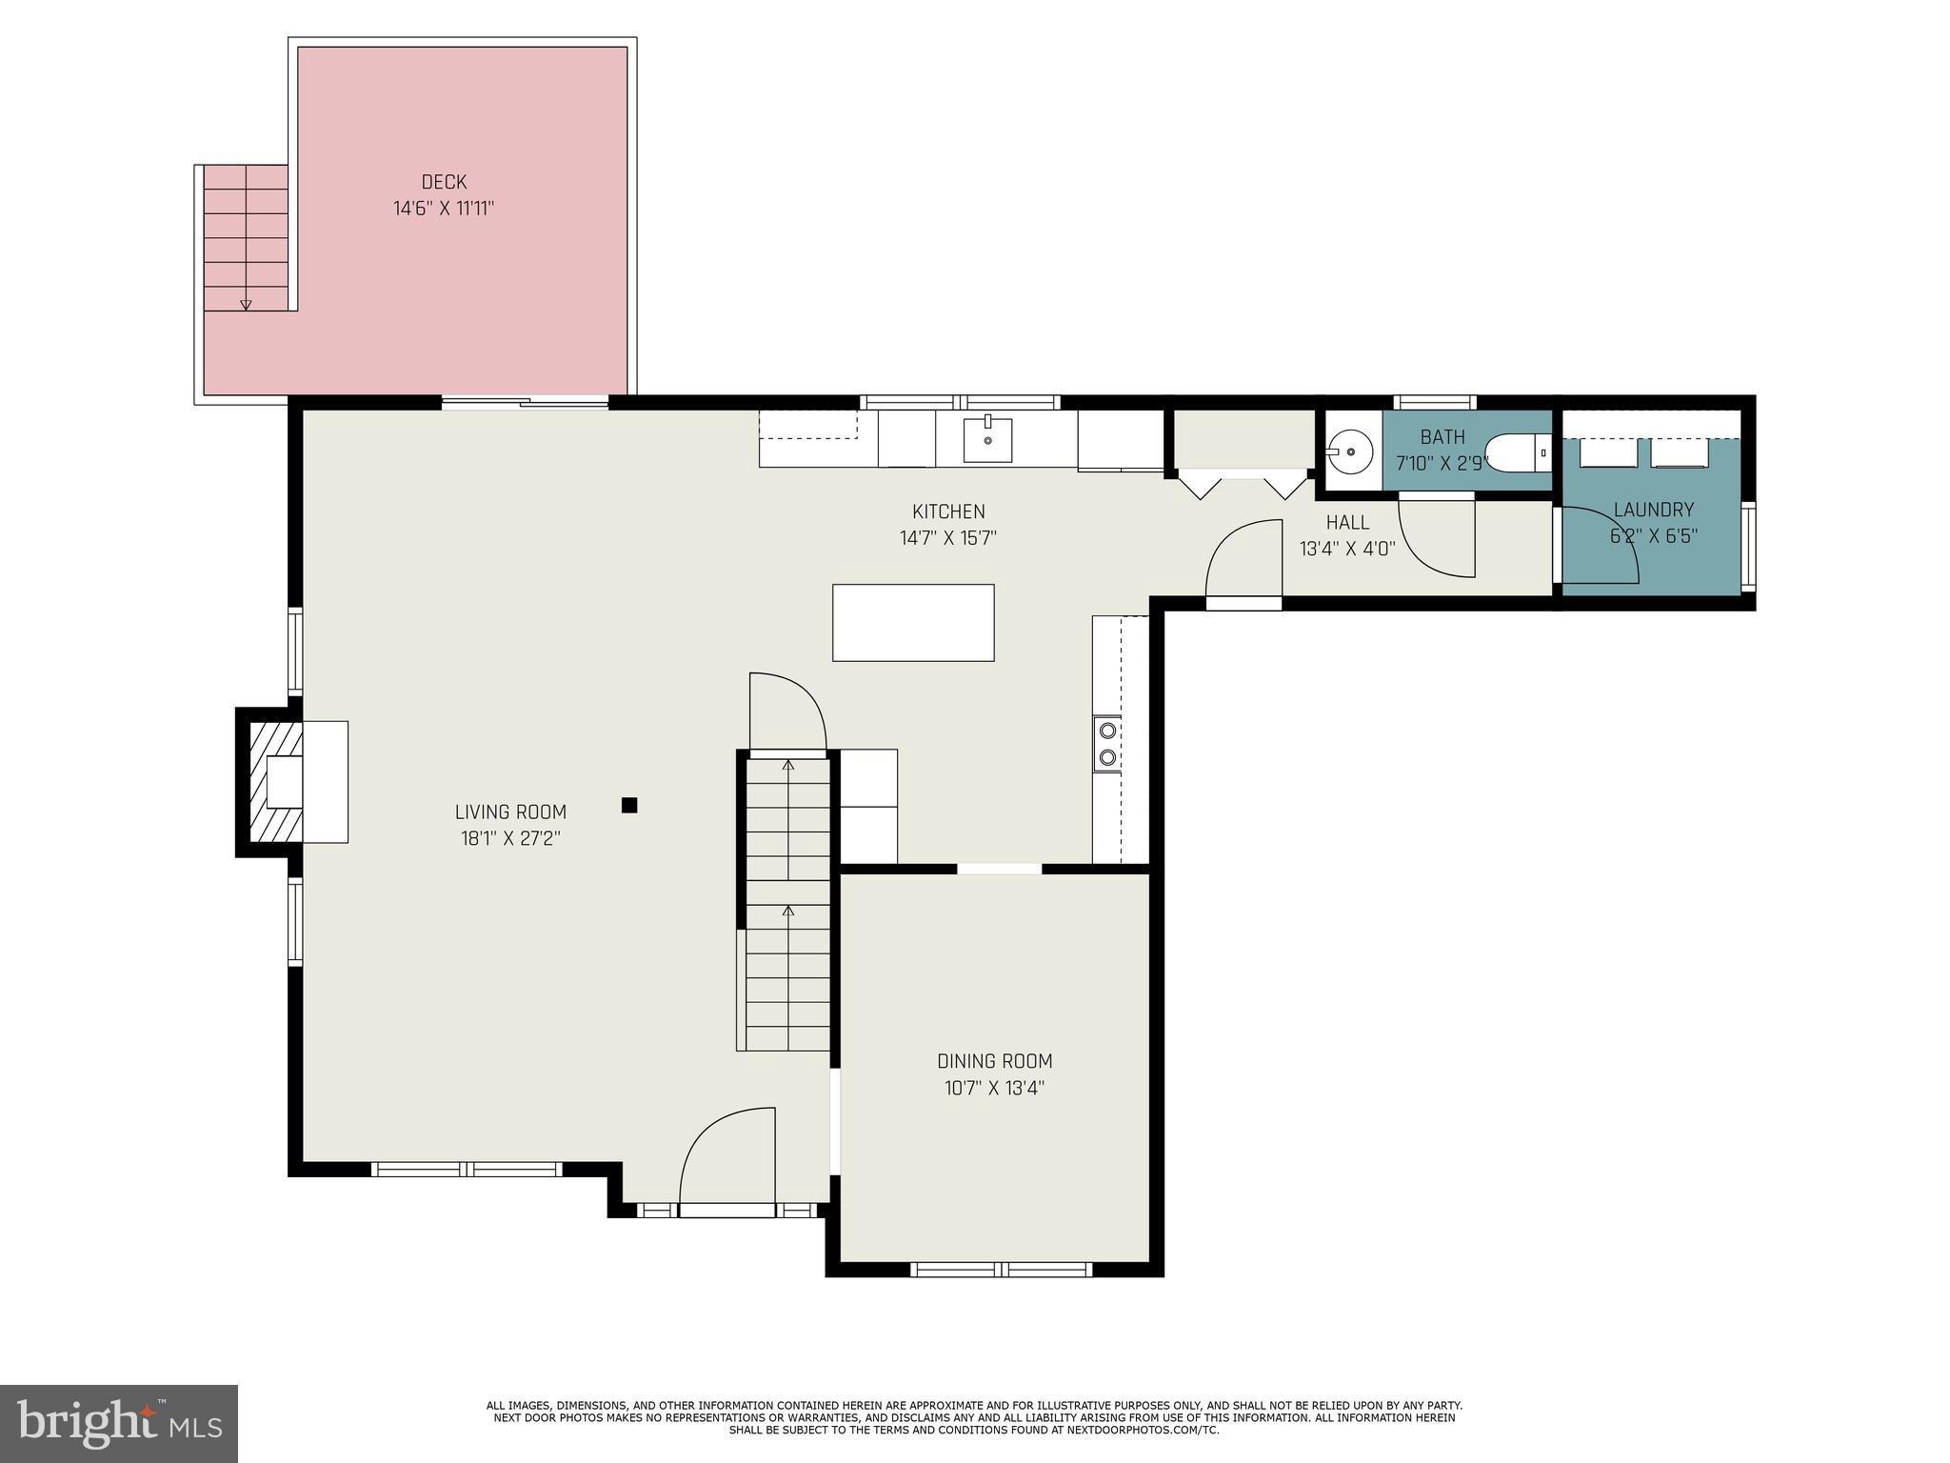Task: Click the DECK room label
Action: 444,182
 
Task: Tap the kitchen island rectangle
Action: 913,623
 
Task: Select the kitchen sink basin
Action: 987,441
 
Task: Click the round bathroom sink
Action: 1350,451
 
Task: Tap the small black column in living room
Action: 628,805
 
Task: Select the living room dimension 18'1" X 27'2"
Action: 510,839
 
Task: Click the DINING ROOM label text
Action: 994,1061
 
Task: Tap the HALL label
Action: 1347,522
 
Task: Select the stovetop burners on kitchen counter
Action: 1107,744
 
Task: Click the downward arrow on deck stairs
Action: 246,304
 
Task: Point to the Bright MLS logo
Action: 119,1424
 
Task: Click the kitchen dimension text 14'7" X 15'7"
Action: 948,538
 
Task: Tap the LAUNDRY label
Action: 1653,510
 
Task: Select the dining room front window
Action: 1000,1269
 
